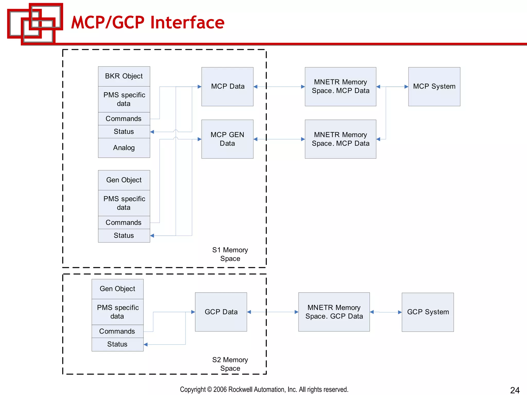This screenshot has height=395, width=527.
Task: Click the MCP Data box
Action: [227, 86]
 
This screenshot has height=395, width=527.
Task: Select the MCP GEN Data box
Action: [227, 139]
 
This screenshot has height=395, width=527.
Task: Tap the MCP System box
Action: [434, 86]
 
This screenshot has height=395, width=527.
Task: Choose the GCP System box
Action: [428, 312]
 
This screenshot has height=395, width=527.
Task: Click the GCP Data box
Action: [221, 312]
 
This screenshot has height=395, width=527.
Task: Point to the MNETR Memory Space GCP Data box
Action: [334, 312]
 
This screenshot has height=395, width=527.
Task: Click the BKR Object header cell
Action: [124, 76]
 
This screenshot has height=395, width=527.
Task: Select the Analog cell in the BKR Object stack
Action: [124, 148]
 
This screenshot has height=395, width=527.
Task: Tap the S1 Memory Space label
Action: [230, 254]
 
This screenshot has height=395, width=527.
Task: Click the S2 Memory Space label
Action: [230, 364]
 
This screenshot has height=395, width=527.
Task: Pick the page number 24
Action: [515, 390]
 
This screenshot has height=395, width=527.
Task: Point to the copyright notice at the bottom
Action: [264, 389]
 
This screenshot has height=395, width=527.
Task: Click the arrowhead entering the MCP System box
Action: [406, 87]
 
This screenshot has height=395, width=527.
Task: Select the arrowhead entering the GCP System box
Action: [400, 312]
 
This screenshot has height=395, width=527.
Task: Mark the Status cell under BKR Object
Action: [124, 132]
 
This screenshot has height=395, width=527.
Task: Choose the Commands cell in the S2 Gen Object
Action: [117, 331]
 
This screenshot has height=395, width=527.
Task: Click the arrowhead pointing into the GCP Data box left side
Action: [193, 312]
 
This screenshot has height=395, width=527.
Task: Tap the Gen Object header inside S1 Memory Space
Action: [124, 180]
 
